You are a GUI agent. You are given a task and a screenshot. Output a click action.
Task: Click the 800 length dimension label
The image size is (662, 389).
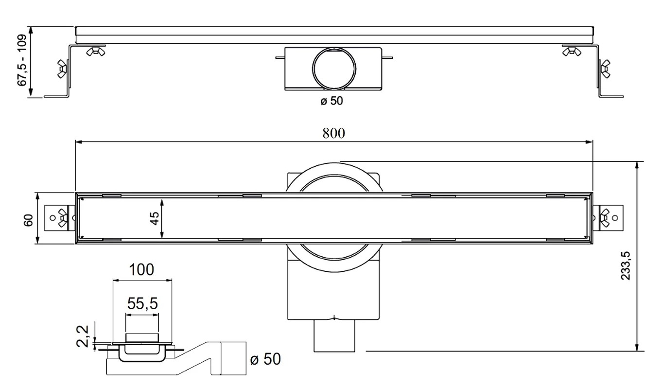tap(333, 133)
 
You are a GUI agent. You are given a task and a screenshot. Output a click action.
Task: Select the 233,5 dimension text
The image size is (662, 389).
tap(626, 266)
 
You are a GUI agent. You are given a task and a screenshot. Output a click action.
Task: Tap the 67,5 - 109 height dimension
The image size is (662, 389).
tap(22, 60)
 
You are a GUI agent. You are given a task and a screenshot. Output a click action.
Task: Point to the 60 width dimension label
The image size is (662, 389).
tap(28, 220)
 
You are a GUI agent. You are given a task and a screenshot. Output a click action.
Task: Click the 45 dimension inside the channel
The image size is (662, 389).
tap(154, 218)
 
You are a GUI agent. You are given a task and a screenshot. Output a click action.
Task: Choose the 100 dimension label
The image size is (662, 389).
tap(141, 269)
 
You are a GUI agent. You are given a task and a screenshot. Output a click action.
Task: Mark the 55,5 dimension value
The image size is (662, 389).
tap(142, 303)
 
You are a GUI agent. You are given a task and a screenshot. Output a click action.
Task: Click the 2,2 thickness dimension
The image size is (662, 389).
tap(83, 336)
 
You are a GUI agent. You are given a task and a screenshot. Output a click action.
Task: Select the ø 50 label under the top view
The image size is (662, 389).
tap(331, 101)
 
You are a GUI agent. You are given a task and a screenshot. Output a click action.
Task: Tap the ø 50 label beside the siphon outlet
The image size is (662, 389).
tap(265, 359)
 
